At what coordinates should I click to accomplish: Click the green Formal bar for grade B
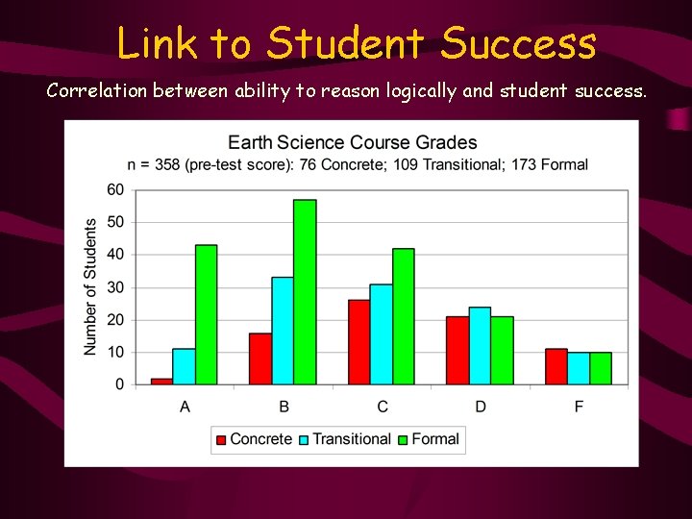tap(305, 292)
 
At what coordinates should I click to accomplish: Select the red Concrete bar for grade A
tap(161, 382)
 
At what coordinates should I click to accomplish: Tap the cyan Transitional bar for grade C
tap(382, 334)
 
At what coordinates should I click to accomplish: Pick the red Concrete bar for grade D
tap(457, 351)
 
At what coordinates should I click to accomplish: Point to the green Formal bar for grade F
tap(601, 368)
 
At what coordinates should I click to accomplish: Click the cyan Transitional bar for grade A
tap(184, 366)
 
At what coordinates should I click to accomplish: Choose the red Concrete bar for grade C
tap(358, 342)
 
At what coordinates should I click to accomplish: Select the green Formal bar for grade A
tap(206, 314)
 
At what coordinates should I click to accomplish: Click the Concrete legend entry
tap(253, 439)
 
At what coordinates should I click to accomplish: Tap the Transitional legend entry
tap(343, 439)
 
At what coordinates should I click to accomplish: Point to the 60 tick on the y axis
tap(115, 189)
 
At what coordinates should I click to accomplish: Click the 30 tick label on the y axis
tap(115, 287)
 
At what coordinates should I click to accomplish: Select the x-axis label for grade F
tap(579, 408)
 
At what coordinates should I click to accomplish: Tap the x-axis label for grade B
tap(284, 408)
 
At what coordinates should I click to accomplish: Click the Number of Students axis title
tap(90, 286)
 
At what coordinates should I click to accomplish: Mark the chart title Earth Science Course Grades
tap(352, 143)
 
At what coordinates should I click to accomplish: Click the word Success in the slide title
tap(519, 43)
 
